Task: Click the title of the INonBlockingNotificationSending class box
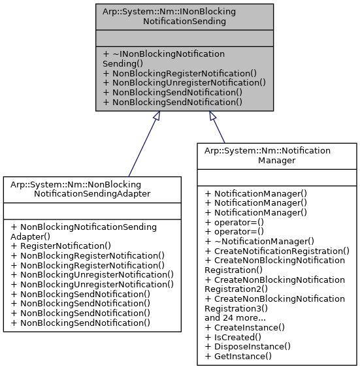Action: coord(169,16)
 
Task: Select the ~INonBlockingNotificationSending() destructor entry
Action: coord(163,58)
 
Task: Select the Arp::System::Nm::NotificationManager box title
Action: coord(276,155)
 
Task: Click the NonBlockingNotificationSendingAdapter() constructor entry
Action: coord(84,232)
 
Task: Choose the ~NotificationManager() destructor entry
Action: coord(259,240)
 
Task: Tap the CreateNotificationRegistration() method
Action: coord(277,251)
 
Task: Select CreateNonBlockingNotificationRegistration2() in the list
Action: coord(274,284)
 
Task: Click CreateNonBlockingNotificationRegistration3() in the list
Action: coord(274,303)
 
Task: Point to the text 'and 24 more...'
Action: coord(235,318)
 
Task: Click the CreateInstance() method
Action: coord(245,327)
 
